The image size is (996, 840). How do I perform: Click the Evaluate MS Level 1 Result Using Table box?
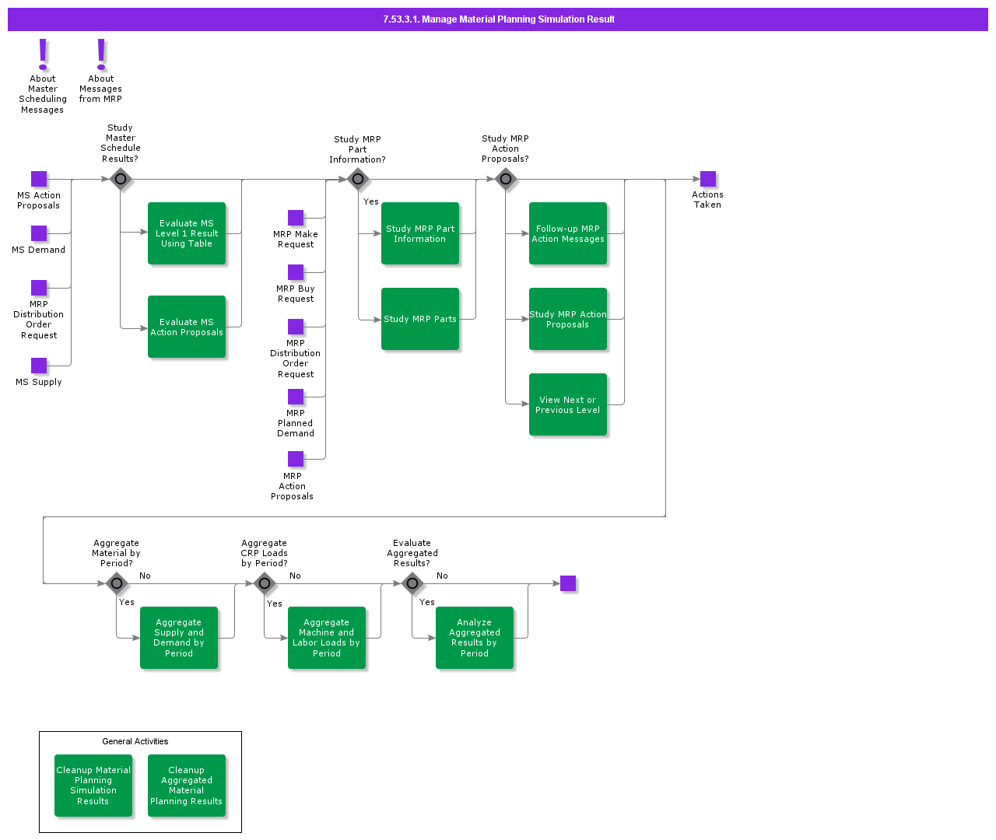click(x=187, y=233)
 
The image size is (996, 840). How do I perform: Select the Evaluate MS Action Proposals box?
click(x=187, y=327)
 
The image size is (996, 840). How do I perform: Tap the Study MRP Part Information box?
click(x=420, y=233)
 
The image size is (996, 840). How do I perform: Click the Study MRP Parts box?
click(x=420, y=319)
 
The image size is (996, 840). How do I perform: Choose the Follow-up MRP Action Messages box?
click(x=568, y=233)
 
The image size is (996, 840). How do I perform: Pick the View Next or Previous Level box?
click(x=568, y=404)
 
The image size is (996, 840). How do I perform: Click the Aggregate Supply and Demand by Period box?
click(x=179, y=638)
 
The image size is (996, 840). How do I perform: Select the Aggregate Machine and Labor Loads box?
click(x=327, y=638)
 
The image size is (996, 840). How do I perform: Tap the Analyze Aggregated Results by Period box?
click(x=475, y=638)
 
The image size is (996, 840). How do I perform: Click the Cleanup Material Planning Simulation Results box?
click(x=93, y=786)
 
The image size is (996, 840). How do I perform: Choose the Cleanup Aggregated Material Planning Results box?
click(x=187, y=786)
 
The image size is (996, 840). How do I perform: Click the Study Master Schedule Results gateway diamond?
click(x=120, y=179)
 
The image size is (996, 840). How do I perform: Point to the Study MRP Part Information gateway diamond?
click(x=357, y=179)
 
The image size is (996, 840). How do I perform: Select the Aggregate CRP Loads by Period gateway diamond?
click(x=265, y=583)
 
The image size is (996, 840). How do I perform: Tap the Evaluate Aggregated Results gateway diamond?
click(x=412, y=583)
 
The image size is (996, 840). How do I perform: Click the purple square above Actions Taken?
click(x=708, y=179)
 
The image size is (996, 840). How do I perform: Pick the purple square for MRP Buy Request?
click(x=296, y=272)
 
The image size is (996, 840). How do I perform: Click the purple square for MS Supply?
click(x=39, y=366)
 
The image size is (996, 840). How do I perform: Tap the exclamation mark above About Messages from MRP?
click(x=101, y=54)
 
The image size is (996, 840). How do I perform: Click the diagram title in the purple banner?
click(x=498, y=19)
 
